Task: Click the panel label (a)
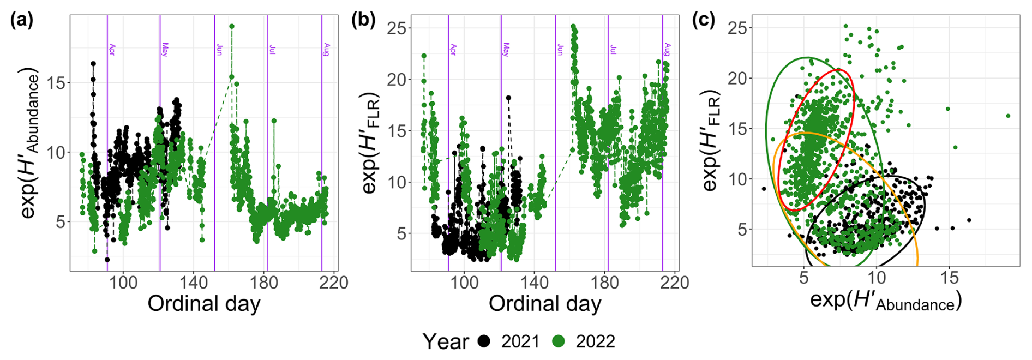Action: (x=22, y=20)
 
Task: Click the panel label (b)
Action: (x=364, y=20)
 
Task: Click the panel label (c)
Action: (x=704, y=20)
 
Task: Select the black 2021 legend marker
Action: (x=484, y=341)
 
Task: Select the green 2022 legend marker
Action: (x=559, y=341)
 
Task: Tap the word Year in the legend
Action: (x=446, y=341)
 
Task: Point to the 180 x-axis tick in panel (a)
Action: (x=264, y=282)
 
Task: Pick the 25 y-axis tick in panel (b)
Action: (x=399, y=28)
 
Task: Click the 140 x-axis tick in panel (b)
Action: (x=534, y=282)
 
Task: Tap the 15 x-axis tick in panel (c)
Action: (x=949, y=278)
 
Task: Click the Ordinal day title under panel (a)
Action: (x=204, y=304)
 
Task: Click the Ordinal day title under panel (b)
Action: (x=545, y=304)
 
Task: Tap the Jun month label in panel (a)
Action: (x=219, y=49)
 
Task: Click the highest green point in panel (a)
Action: (x=232, y=26)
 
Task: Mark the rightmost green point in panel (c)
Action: (x=1008, y=116)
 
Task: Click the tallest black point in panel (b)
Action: (x=508, y=98)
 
